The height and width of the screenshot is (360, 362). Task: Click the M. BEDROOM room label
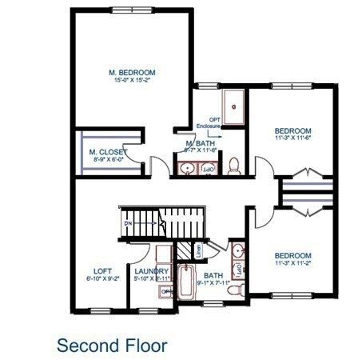point(131,73)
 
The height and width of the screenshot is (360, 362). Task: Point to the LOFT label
point(102,271)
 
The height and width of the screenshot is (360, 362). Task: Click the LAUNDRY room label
point(151,271)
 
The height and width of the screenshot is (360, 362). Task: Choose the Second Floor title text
point(112,346)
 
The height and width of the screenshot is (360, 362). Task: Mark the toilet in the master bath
point(234,166)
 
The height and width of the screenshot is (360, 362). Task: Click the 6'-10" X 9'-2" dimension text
point(102,279)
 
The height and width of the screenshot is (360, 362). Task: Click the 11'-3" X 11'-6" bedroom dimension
point(292,138)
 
